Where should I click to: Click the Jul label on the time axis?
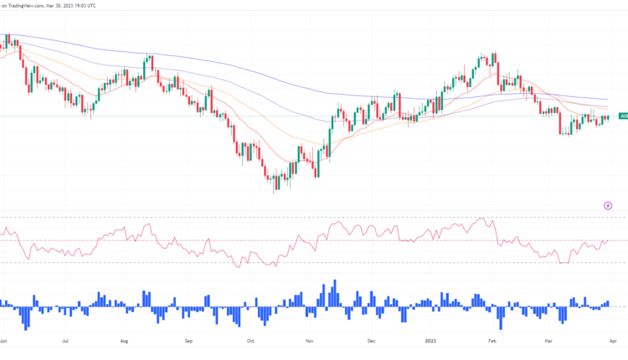pos(64,342)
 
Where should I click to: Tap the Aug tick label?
pos(124,342)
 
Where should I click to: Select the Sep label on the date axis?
pos(188,342)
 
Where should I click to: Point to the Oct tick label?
pos(250,342)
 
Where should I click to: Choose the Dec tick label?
pos(371,342)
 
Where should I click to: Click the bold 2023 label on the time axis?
pos(430,342)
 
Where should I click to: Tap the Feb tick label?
pos(492,342)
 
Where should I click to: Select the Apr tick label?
pos(613,342)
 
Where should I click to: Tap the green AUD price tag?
pos(623,116)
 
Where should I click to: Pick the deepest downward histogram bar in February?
pos(502,316)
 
